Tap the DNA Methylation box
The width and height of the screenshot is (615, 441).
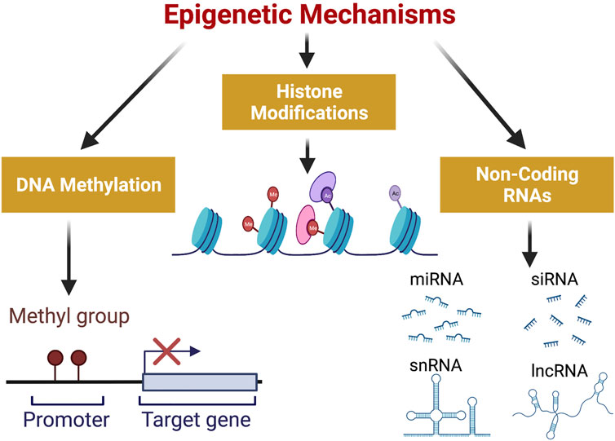(x=87, y=185)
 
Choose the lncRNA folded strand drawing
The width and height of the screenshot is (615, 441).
(x=563, y=404)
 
